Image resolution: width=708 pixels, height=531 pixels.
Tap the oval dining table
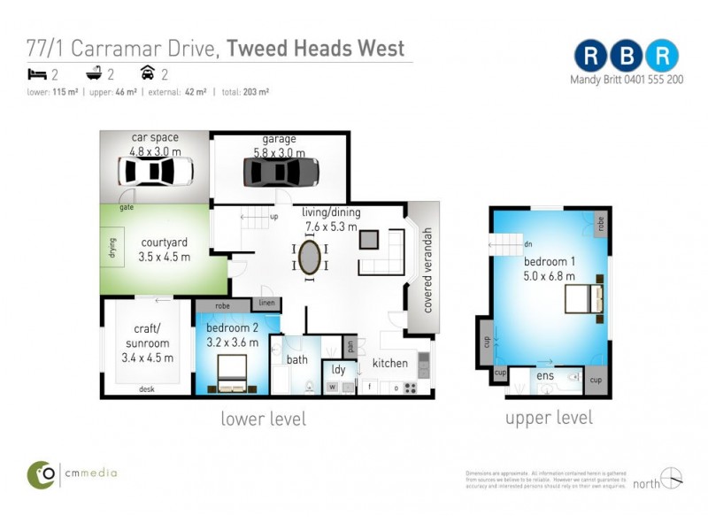(x=310, y=258)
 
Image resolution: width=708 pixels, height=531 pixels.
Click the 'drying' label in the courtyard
(x=112, y=245)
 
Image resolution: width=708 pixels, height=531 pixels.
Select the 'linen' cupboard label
(x=268, y=304)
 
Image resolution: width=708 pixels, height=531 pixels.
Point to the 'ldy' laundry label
(x=338, y=369)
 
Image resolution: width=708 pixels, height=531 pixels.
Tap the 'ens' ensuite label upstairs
(x=544, y=375)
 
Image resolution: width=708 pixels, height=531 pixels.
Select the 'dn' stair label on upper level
(x=528, y=244)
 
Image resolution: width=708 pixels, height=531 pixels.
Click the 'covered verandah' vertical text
(x=427, y=270)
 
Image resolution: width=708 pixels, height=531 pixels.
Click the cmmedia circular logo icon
(x=41, y=473)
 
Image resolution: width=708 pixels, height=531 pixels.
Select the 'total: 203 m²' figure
(x=245, y=92)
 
